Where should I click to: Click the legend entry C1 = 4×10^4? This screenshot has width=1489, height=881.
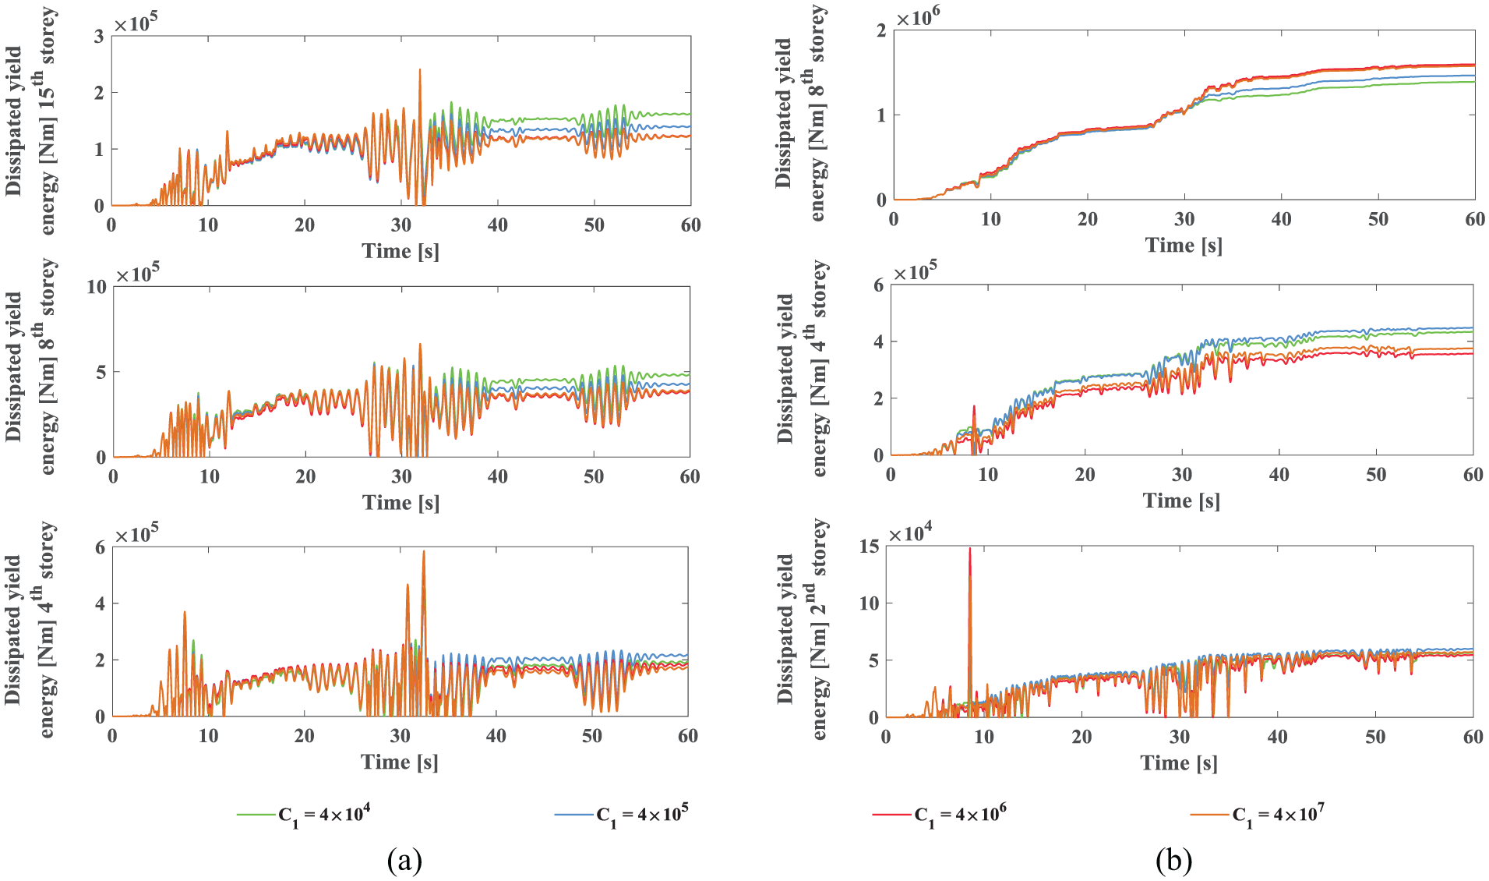pyautogui.click(x=304, y=816)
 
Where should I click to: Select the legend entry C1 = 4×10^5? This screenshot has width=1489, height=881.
pyautogui.click(x=622, y=816)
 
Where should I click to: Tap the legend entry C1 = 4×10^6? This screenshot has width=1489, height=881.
pyautogui.click(x=940, y=816)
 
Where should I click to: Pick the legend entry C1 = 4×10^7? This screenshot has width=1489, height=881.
pyautogui.click(x=1258, y=816)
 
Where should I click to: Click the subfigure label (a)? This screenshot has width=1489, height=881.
pyautogui.click(x=404, y=861)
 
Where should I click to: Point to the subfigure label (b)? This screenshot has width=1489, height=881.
pyautogui.click(x=1174, y=861)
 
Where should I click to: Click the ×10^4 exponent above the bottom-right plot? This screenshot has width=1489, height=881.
pyautogui.click(x=910, y=533)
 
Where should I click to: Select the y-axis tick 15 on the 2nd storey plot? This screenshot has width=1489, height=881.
pyautogui.click(x=869, y=547)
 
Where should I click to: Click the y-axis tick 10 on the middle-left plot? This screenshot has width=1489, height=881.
pyautogui.click(x=97, y=287)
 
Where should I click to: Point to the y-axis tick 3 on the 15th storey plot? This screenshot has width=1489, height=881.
pyautogui.click(x=99, y=36)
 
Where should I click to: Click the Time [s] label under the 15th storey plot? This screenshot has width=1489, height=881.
pyautogui.click(x=400, y=251)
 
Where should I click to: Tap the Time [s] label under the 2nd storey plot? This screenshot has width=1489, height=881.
pyautogui.click(x=1179, y=762)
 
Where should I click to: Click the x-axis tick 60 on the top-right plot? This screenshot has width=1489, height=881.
pyautogui.click(x=1474, y=219)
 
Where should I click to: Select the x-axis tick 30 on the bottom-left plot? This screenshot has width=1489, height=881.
pyautogui.click(x=400, y=735)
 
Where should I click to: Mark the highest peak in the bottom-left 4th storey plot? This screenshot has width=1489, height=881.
pyautogui.click(x=424, y=551)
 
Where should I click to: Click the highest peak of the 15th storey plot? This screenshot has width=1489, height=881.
pyautogui.click(x=420, y=69)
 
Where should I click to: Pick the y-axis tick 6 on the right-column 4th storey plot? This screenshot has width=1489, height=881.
pyautogui.click(x=878, y=285)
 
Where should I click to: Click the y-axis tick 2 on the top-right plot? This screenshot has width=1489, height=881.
pyautogui.click(x=881, y=30)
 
